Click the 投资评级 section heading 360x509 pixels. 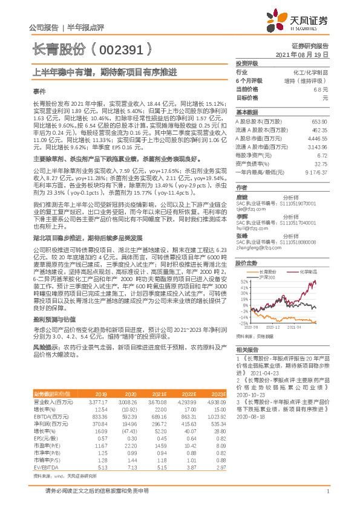pos(247,63)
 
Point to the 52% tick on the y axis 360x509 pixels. pos(243,282)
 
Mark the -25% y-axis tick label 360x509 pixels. pos(243,323)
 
